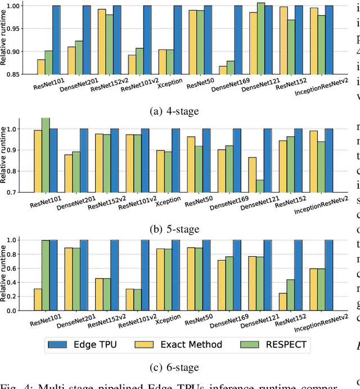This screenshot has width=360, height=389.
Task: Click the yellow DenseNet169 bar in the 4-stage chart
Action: point(223,70)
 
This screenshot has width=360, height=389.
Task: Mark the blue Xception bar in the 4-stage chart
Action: point(177,40)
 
